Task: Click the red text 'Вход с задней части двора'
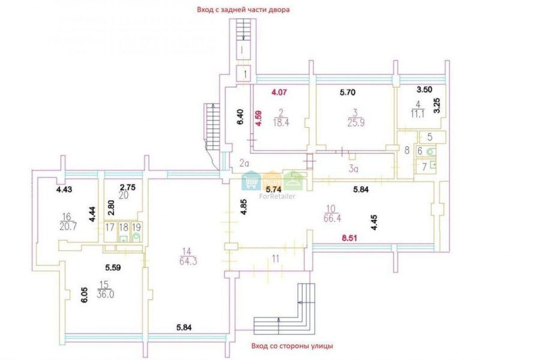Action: [243, 10]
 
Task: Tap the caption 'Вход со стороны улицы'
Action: [292, 346]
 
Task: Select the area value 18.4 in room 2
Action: [281, 123]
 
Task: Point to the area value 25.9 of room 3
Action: [356, 122]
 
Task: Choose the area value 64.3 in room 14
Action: [188, 261]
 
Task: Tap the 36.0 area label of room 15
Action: [105, 294]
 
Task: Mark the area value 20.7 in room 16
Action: [68, 226]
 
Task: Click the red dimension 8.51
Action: [349, 238]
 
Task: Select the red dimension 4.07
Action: [279, 92]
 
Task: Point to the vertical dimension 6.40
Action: [241, 116]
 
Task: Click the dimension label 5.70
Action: [348, 92]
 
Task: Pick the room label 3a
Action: [354, 169]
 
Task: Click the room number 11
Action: [276, 259]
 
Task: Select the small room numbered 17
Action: [110, 232]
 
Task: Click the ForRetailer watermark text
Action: [277, 196]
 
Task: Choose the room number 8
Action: [407, 150]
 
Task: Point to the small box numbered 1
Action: [245, 74]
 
